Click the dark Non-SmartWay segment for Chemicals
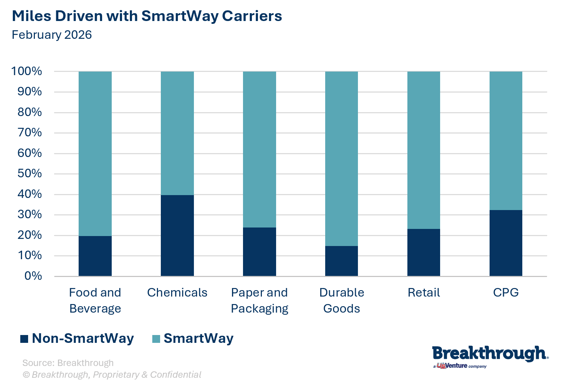(x=177, y=235)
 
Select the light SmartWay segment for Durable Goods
(x=342, y=158)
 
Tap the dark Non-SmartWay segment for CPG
(x=506, y=243)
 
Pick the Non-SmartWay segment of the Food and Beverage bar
(x=95, y=256)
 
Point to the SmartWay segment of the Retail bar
(x=423, y=150)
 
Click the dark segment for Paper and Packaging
(x=259, y=251)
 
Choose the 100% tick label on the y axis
(x=27, y=71)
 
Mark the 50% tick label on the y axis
(x=30, y=174)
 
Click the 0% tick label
(x=33, y=276)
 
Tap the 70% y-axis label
(x=30, y=133)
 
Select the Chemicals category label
(x=177, y=293)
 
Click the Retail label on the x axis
(x=423, y=293)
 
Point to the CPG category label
(x=506, y=293)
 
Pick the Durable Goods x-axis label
(x=342, y=300)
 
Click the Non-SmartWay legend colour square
(x=24, y=339)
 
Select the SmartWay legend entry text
(x=198, y=338)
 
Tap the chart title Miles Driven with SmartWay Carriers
(x=147, y=16)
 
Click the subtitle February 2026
(x=52, y=35)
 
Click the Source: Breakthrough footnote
(x=68, y=363)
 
